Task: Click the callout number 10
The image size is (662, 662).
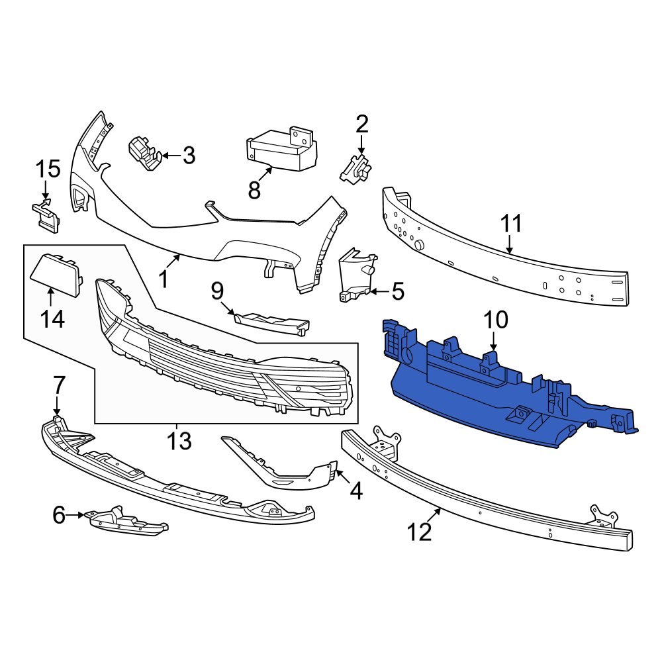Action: coord(495,320)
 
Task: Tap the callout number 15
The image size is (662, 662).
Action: coord(48,169)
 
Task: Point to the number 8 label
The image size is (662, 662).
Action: coord(254,191)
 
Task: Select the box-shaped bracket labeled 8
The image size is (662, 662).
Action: coord(281,150)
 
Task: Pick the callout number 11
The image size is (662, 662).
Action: coord(511,224)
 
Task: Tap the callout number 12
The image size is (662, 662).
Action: coord(420,530)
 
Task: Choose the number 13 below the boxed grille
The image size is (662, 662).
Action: coord(178,440)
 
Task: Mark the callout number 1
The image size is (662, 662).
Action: coord(164,279)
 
